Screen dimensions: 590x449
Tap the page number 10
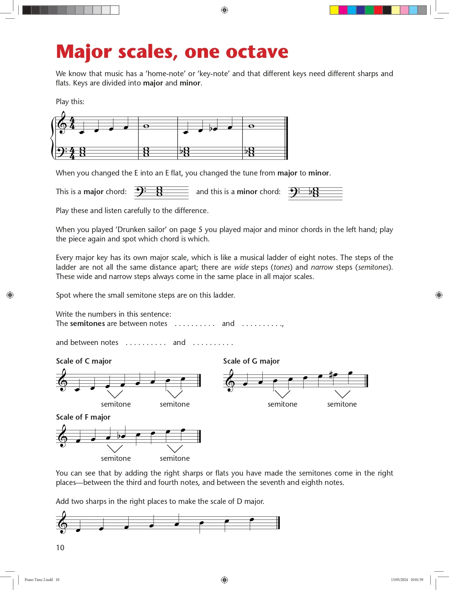pyautogui.click(x=60, y=548)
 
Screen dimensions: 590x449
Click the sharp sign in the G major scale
pyautogui.click(x=331, y=375)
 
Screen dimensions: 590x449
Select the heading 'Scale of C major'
pyautogui.click(x=84, y=361)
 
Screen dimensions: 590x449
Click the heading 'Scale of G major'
pyautogui.click(x=251, y=361)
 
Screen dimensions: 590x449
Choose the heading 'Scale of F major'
pyautogui.click(x=83, y=417)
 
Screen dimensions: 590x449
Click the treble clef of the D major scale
pyautogui.click(x=63, y=522)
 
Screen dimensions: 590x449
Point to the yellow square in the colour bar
pyautogui.click(x=334, y=10)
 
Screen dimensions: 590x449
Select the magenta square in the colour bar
pyautogui.click(x=343, y=10)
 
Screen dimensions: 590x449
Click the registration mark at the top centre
pyautogui.click(x=224, y=10)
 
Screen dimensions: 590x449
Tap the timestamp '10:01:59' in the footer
pyautogui.click(x=417, y=579)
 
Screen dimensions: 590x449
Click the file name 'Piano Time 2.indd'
pyautogui.click(x=39, y=579)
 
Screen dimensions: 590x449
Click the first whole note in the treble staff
pyautogui.click(x=146, y=126)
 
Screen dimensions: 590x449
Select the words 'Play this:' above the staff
pyautogui.click(x=70, y=102)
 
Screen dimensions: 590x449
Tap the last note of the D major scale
pyautogui.click(x=252, y=520)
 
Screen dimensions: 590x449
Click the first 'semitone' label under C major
pyautogui.click(x=116, y=404)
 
